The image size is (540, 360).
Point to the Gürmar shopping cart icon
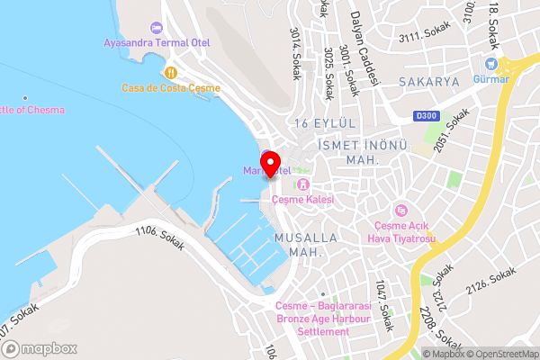490,63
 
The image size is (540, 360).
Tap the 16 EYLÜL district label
326,121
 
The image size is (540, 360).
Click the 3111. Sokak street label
424,36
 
